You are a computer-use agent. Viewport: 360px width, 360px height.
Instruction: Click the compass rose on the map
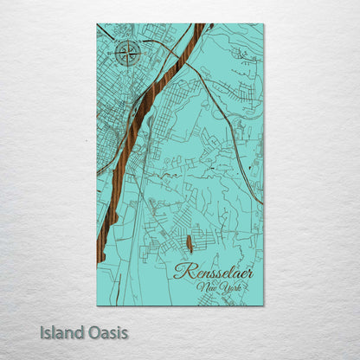point(128,55)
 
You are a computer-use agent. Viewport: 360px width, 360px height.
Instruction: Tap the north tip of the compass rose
point(128,42)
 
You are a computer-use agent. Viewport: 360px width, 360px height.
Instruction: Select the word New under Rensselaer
point(207,287)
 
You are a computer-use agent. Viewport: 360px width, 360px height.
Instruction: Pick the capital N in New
point(201,287)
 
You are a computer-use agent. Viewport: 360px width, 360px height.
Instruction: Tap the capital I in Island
point(42,332)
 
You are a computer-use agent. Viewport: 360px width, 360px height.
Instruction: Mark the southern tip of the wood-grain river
point(101,260)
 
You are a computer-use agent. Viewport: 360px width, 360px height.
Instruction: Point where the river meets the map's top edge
point(200,25)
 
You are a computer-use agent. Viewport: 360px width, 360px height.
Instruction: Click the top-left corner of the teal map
point(97,24)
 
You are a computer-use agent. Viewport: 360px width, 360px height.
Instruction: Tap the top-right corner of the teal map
point(263,24)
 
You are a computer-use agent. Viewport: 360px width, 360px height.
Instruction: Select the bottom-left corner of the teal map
point(97,305)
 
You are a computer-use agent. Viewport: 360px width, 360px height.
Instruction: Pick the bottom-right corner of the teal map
point(263,305)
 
